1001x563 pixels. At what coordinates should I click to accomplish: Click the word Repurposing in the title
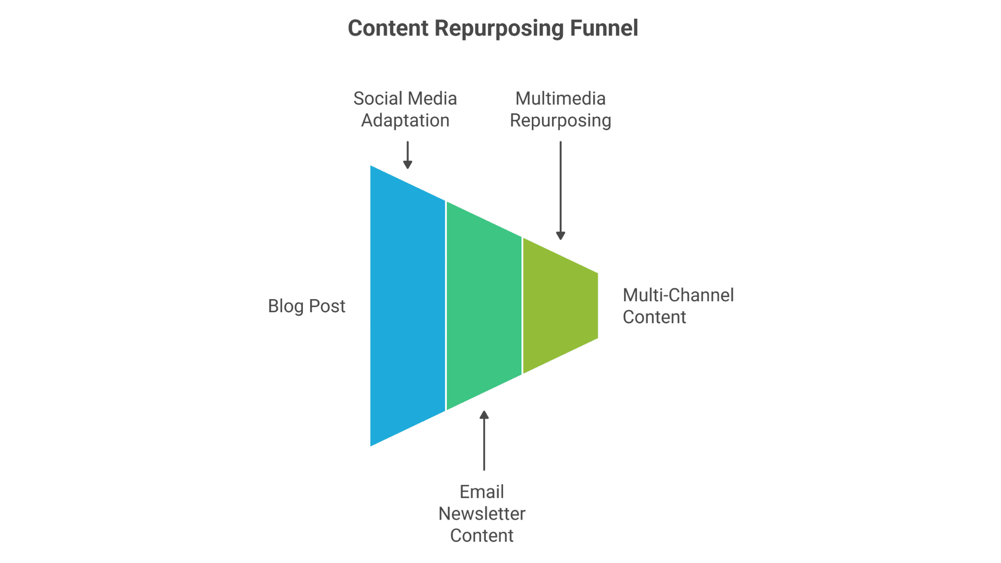point(499,29)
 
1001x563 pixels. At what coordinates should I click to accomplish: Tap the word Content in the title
point(388,28)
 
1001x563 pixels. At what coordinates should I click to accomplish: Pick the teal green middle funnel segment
point(484,305)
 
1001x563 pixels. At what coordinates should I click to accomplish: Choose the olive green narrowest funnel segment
point(560,305)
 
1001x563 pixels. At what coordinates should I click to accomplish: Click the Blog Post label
point(307,306)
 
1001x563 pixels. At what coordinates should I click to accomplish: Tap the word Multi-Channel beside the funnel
point(678,295)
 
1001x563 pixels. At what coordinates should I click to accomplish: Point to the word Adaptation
point(405,120)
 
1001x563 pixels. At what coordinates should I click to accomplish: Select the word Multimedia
point(560,99)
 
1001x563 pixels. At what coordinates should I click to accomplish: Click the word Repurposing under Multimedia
point(560,120)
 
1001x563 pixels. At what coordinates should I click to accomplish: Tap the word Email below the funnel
point(482,492)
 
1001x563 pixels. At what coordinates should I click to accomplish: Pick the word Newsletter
point(482,513)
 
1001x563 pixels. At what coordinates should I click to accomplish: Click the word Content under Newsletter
point(482,535)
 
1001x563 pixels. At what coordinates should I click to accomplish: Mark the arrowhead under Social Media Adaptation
point(408,165)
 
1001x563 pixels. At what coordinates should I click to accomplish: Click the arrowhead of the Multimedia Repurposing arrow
point(560,236)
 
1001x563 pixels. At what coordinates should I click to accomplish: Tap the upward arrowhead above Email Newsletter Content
point(484,415)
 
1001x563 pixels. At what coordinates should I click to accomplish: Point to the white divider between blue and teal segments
point(446,305)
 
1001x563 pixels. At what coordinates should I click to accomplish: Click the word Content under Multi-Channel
point(654,317)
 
